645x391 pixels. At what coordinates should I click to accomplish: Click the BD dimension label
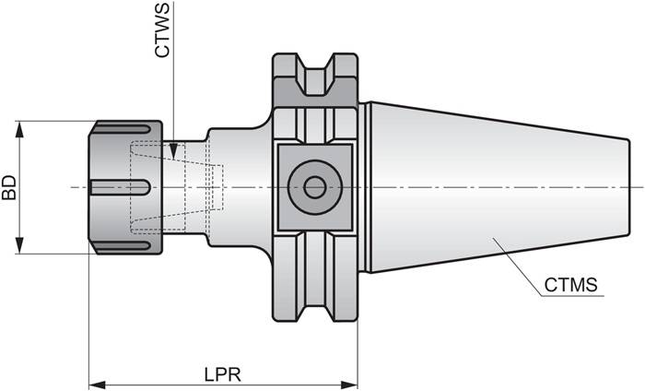9,188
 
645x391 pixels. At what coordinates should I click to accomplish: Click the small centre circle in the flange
314,187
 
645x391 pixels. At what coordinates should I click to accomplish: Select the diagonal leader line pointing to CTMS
516,267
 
